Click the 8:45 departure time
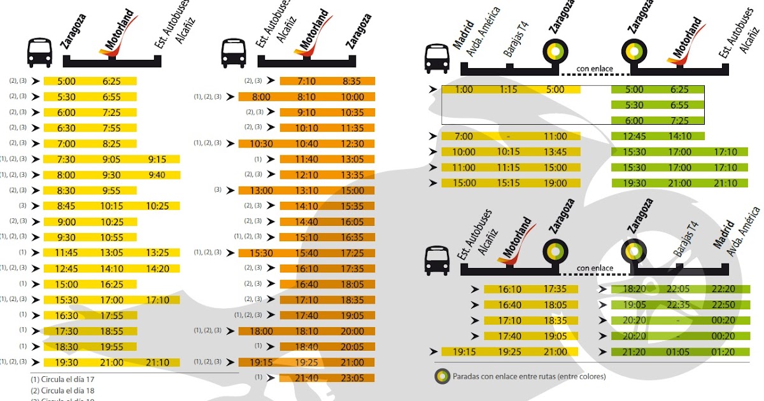coord(66,206)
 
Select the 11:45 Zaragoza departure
coord(66,253)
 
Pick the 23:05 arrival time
coord(352,377)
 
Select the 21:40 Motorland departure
coord(306,377)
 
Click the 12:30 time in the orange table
coord(352,144)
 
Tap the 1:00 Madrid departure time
coord(464,90)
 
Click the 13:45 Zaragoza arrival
coord(555,151)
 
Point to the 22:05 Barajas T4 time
coord(679,289)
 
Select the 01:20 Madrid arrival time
coord(724,351)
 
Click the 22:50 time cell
coord(724,304)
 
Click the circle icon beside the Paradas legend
coord(442,376)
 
